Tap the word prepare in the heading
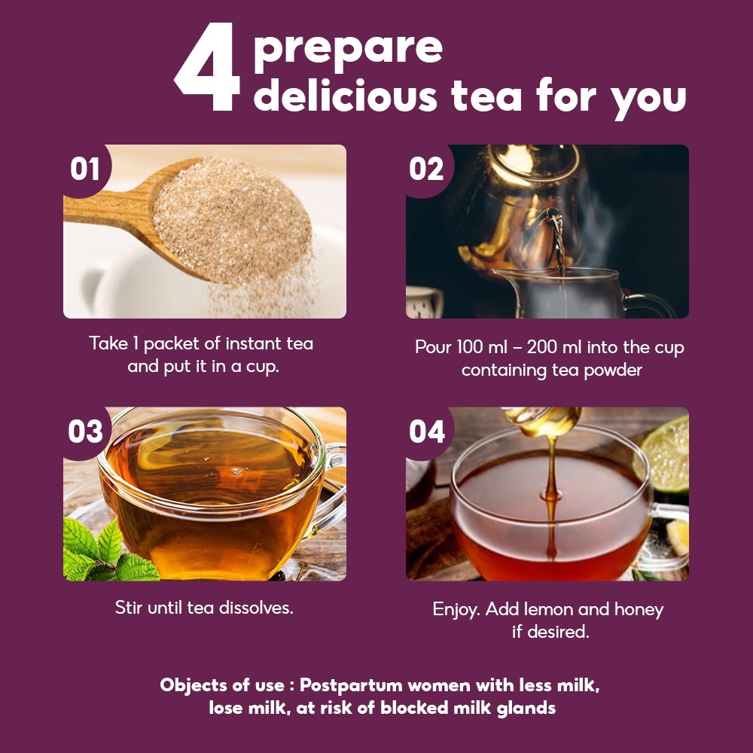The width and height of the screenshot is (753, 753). point(348,50)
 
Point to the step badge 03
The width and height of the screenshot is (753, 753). point(86,431)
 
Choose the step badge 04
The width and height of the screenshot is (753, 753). point(427,431)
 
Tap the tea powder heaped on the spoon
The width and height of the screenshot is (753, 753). point(233,218)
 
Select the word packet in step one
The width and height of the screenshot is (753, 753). point(171,344)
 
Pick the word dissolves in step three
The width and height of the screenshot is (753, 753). point(256,608)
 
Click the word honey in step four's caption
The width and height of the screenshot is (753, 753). point(639,610)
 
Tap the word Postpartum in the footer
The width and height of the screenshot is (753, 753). point(351,685)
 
